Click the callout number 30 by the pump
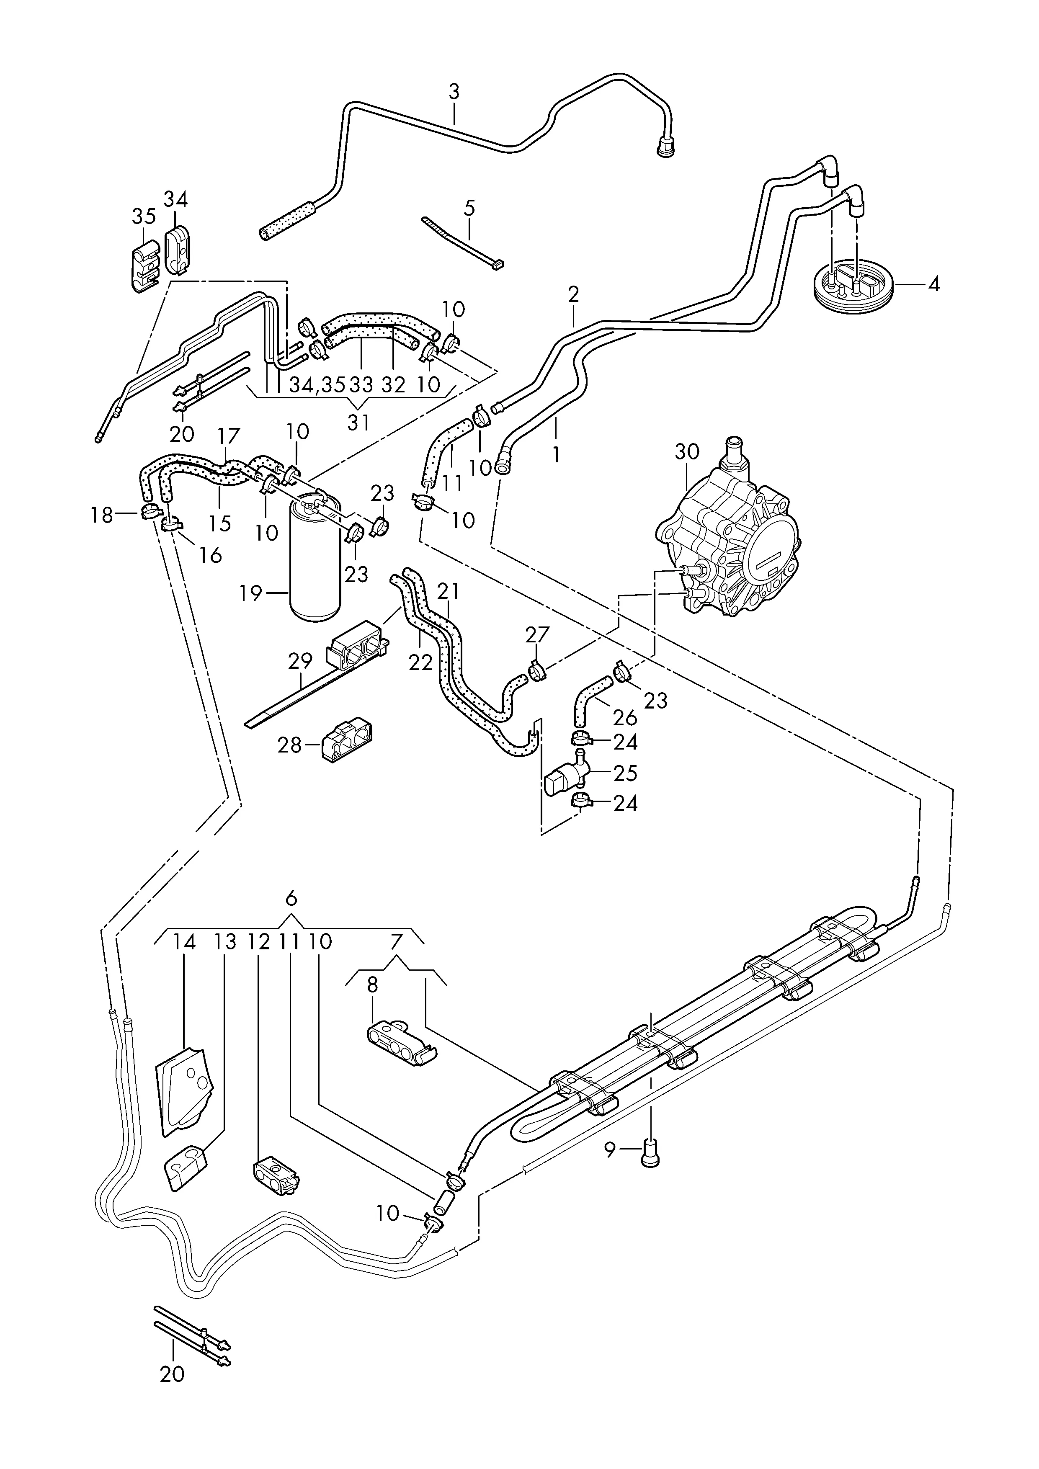coord(687,452)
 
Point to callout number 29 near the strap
coord(301,662)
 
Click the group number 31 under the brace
coord(358,423)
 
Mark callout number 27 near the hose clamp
coord(537,635)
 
